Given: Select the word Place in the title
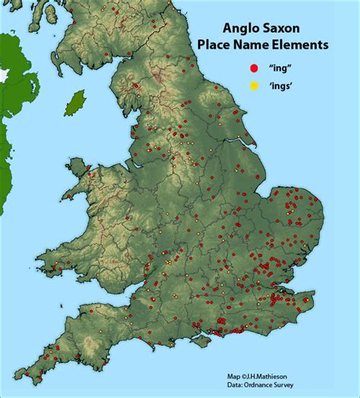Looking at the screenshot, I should [x=214, y=46].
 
